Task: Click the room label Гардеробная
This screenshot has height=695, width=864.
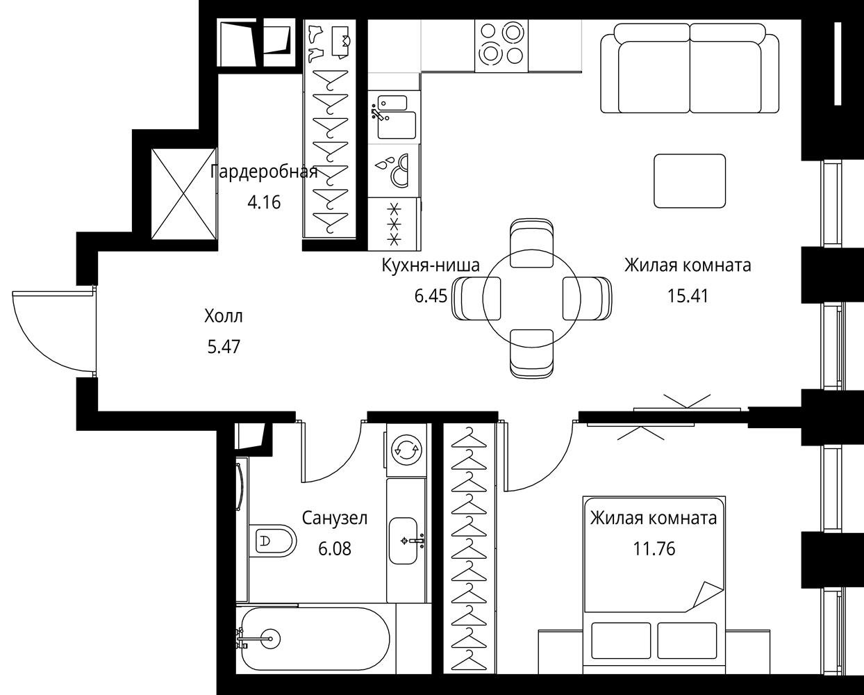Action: [x=264, y=172]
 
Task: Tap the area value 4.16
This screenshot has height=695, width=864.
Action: [x=264, y=202]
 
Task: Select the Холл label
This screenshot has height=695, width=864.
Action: [x=224, y=316]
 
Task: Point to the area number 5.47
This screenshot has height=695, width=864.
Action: [x=224, y=346]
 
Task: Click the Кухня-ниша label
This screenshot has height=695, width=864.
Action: [x=431, y=265]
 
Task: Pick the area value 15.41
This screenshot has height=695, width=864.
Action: [x=688, y=295]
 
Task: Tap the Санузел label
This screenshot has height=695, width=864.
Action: [x=335, y=518]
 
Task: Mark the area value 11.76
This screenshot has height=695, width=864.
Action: [x=654, y=548]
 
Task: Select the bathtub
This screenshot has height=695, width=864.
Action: [x=313, y=639]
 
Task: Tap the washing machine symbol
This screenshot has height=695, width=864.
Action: [x=406, y=449]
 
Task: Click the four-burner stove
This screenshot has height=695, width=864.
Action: [x=501, y=46]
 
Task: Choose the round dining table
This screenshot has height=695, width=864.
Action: [x=531, y=298]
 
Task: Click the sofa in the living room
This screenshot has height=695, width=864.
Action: [x=690, y=68]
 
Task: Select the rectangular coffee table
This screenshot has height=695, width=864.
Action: [x=690, y=181]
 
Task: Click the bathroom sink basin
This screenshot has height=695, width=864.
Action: [x=403, y=541]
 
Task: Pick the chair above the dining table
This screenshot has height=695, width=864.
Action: [x=531, y=243]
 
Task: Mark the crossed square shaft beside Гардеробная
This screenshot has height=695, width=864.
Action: [x=184, y=194]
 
